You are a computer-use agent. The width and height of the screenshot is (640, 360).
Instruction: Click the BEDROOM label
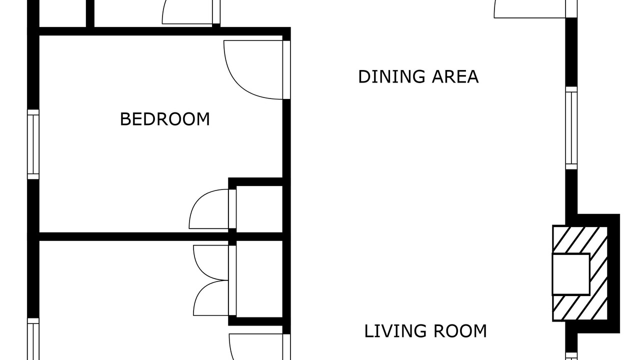(x=165, y=119)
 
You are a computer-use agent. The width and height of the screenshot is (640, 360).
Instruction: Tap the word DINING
(x=391, y=76)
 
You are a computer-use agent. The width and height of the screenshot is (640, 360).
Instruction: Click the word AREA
(x=455, y=76)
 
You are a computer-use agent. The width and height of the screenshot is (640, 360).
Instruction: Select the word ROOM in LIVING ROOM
(x=460, y=331)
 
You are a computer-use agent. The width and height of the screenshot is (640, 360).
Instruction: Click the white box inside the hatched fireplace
(x=571, y=274)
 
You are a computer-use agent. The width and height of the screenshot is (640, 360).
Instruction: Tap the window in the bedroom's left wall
(x=33, y=144)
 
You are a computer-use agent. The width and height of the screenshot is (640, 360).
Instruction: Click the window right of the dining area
(x=571, y=128)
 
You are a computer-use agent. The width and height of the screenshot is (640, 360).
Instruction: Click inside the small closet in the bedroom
(x=259, y=209)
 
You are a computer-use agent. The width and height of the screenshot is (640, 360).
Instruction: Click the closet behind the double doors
(x=259, y=279)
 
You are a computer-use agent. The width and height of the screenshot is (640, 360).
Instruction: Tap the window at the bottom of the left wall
(x=33, y=339)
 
